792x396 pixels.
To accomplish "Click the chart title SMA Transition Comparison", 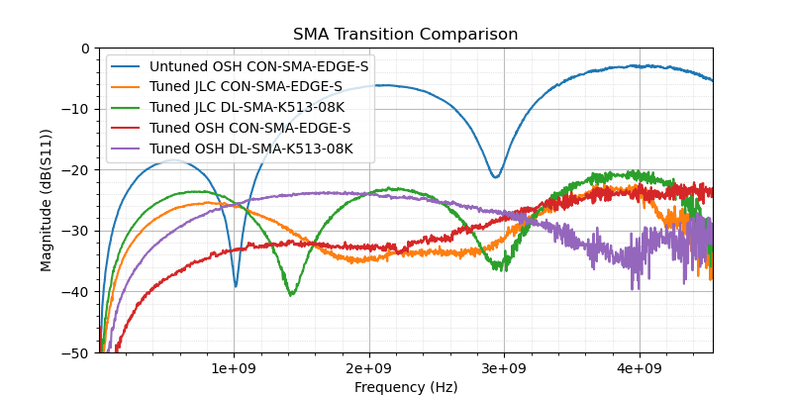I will [405, 35].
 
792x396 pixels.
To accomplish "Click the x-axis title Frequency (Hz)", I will [405, 387].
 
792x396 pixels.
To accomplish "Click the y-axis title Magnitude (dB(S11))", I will [47, 200].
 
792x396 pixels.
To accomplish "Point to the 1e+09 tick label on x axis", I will [234, 368].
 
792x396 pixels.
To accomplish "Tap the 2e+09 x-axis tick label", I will [369, 368].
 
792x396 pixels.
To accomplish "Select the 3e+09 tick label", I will [504, 368].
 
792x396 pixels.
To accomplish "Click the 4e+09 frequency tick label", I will [640, 368].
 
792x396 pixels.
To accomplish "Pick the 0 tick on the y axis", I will [84, 49].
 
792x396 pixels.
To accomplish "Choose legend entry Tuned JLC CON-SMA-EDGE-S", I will [246, 87].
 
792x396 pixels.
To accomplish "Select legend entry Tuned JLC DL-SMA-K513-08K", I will [253, 108].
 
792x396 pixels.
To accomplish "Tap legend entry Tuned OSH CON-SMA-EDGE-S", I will [249, 129].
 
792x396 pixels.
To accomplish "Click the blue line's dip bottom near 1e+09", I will [236, 286].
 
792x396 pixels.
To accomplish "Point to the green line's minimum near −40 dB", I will [291, 294].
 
